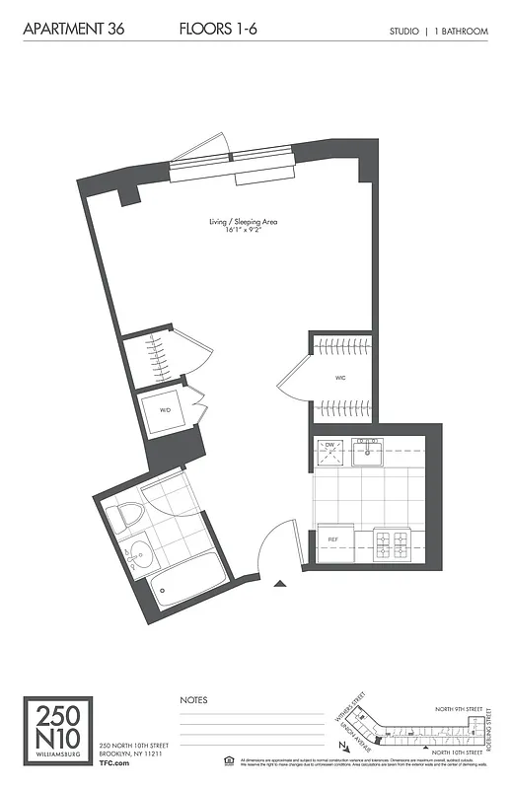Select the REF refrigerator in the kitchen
pyautogui.click(x=333, y=539)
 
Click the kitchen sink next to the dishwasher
pyautogui.click(x=368, y=452)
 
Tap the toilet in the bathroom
pyautogui.click(x=127, y=516)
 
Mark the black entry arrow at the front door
pyautogui.click(x=281, y=585)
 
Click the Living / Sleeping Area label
pyautogui.click(x=244, y=222)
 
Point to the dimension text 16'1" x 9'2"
pyautogui.click(x=244, y=230)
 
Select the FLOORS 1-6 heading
pyautogui.click(x=219, y=31)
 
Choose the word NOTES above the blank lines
pyautogui.click(x=193, y=700)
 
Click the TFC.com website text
pyautogui.click(x=115, y=762)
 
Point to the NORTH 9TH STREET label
pyautogui.click(x=460, y=708)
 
